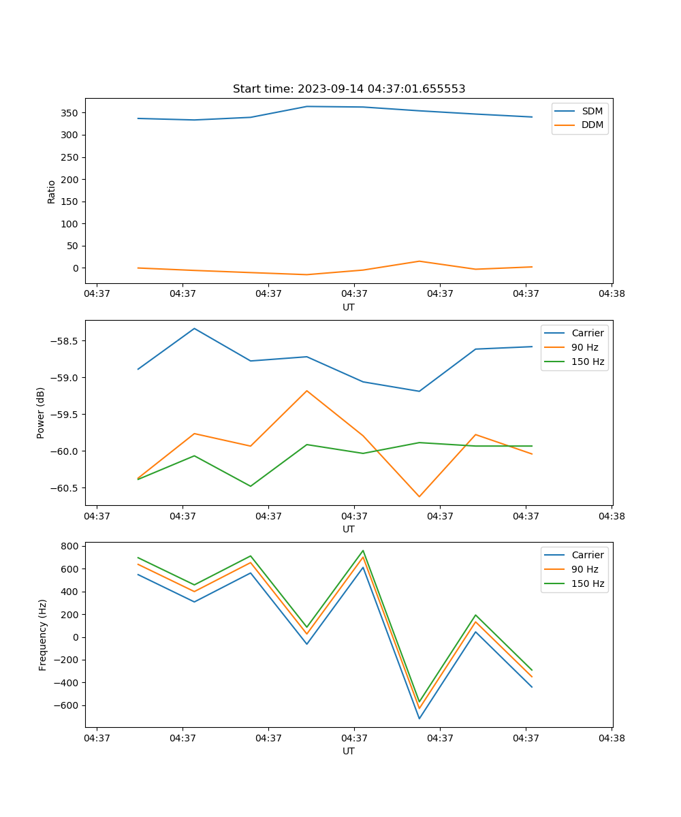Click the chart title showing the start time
point(349,89)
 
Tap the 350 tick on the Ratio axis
point(70,113)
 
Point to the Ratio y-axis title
point(52,191)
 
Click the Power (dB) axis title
point(41,413)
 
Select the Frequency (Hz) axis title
point(42,635)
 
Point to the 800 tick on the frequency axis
point(70,546)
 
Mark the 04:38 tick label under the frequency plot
point(612,737)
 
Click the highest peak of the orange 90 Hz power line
point(307,391)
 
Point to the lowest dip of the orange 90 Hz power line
point(419,496)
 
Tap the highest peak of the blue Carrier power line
point(195,329)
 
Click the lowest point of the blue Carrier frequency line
point(419,718)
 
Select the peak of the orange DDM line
point(419,261)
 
